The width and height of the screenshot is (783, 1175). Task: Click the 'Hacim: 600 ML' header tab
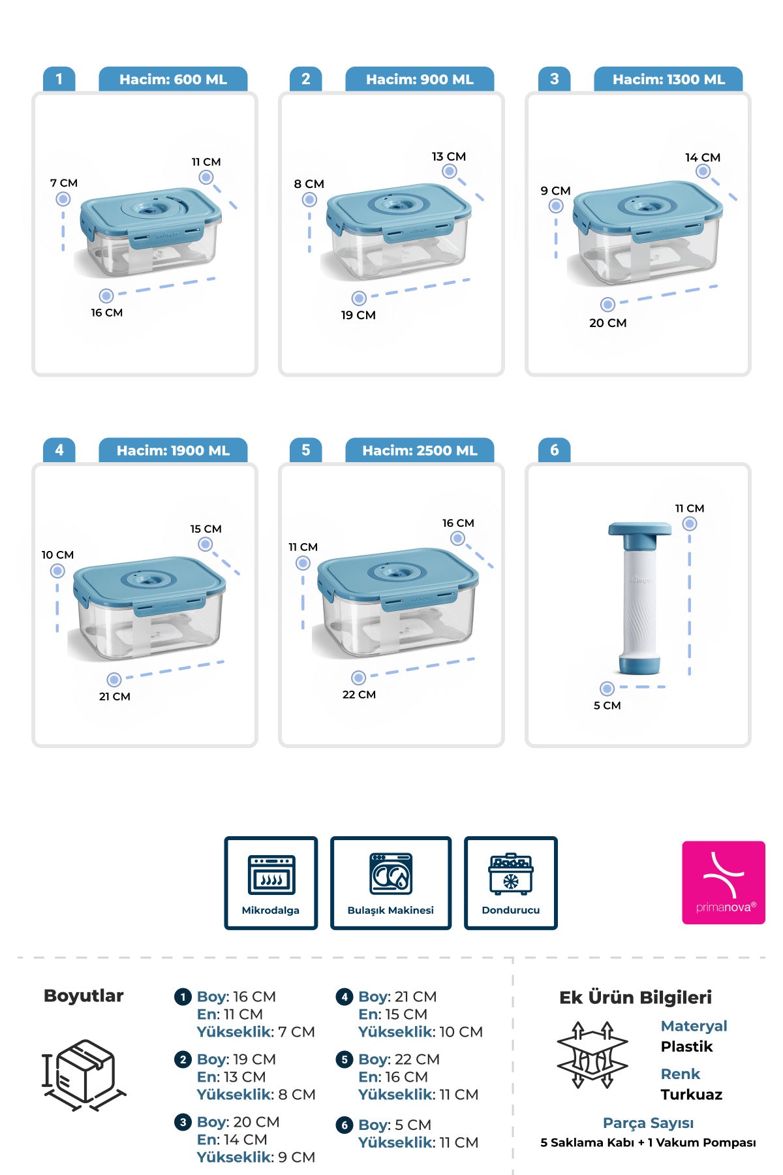click(x=173, y=79)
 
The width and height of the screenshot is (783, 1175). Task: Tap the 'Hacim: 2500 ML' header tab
click(x=420, y=450)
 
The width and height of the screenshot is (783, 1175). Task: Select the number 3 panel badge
click(x=554, y=79)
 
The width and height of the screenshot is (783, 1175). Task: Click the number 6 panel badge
click(x=554, y=450)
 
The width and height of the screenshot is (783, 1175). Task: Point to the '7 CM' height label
click(x=64, y=183)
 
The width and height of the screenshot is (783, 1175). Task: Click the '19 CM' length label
click(x=358, y=315)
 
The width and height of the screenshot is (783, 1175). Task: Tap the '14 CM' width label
click(x=703, y=157)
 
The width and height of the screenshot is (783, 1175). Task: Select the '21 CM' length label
click(x=115, y=697)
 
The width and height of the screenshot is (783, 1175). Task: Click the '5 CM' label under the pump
click(x=607, y=705)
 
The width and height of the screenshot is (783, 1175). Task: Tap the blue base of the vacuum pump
click(x=639, y=666)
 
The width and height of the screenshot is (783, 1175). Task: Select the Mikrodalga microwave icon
click(x=271, y=875)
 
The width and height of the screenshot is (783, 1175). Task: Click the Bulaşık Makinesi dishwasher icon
click(x=391, y=873)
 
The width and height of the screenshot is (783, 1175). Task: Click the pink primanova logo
click(x=724, y=883)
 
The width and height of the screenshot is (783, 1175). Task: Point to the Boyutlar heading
click(x=84, y=995)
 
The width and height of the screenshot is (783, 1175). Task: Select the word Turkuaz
click(x=691, y=1094)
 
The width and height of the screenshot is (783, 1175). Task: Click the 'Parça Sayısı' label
click(x=648, y=1123)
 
